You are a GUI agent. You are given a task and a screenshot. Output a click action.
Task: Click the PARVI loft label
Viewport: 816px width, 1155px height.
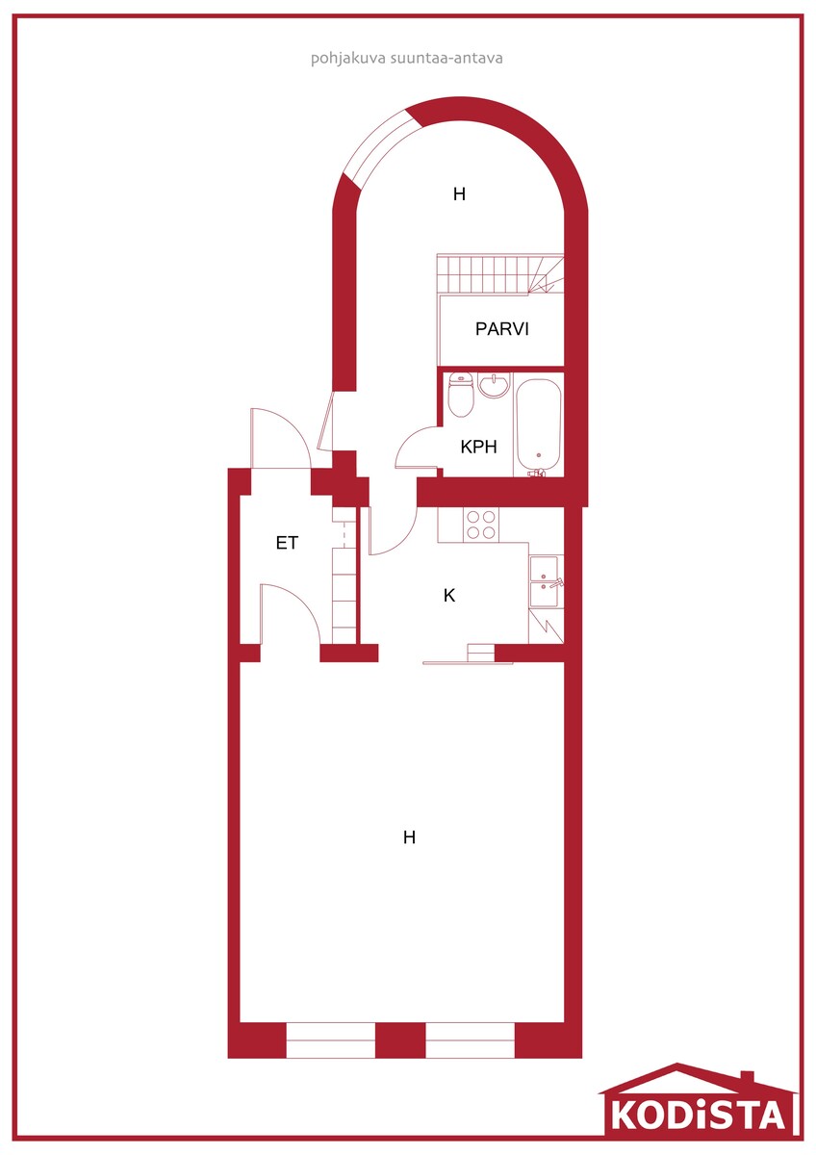tap(501, 328)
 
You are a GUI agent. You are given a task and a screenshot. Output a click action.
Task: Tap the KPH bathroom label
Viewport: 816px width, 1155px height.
tap(478, 447)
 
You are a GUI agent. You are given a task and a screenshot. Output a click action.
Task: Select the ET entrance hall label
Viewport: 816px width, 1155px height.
tap(287, 543)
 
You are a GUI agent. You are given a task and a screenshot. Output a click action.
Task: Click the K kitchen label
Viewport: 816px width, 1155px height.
tap(449, 596)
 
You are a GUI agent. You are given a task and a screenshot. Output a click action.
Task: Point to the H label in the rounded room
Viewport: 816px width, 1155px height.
tap(459, 193)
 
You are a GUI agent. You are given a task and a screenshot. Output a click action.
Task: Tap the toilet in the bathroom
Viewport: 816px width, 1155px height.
tap(460, 396)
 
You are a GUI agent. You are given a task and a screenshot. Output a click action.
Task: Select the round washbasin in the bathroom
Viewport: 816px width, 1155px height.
tap(493, 386)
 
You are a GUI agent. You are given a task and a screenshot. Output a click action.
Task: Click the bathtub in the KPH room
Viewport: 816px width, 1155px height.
tap(538, 426)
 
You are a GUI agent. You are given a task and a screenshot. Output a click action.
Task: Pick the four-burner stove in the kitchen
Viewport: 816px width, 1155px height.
tap(480, 524)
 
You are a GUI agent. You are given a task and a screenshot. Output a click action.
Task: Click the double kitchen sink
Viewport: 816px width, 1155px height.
tap(544, 581)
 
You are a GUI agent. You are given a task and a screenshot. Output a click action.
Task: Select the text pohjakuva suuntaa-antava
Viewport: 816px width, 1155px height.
tap(407, 59)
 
